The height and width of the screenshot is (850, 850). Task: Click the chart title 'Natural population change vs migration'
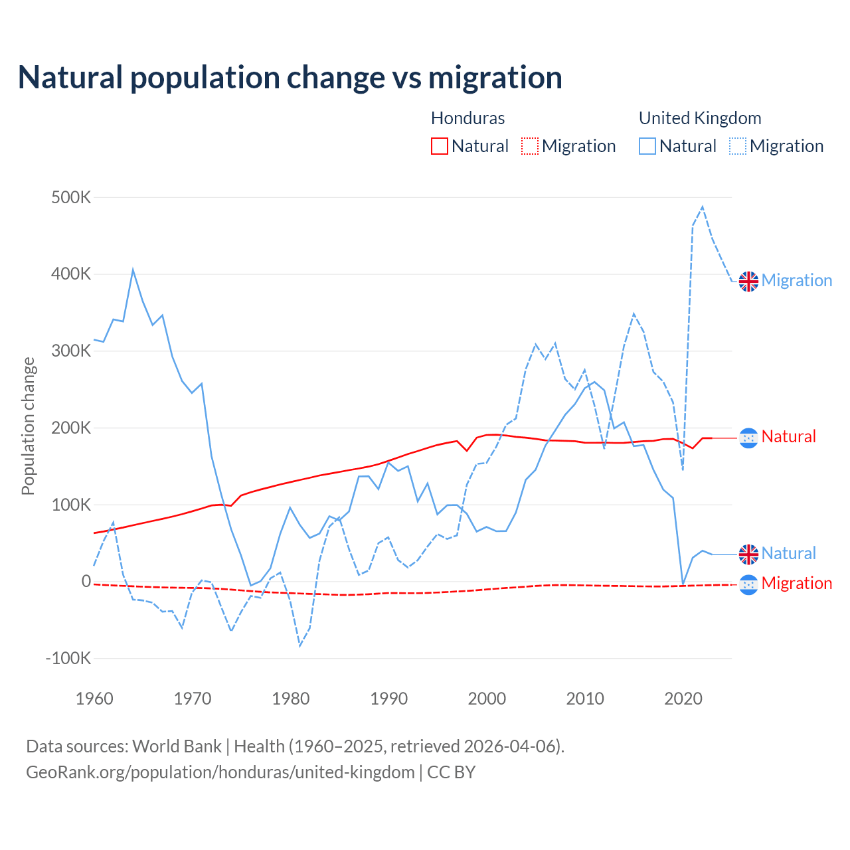(290, 78)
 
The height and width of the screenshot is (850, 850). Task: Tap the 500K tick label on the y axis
(71, 198)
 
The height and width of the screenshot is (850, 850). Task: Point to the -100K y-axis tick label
(68, 659)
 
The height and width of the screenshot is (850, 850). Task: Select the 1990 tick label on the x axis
(389, 699)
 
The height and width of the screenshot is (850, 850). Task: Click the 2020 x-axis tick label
(683, 699)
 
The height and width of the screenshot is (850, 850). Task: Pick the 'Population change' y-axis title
(28, 426)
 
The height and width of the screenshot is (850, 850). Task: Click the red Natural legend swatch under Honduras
(439, 146)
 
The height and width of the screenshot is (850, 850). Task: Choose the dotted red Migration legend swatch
(529, 146)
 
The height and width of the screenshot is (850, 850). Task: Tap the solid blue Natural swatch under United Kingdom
(647, 146)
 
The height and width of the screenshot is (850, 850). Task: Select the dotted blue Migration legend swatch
(737, 146)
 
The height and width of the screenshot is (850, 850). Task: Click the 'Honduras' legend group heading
(467, 118)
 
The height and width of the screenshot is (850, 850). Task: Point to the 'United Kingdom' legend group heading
(700, 118)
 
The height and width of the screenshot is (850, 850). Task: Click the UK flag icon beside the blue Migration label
(748, 281)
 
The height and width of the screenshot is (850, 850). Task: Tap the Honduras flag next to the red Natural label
(748, 438)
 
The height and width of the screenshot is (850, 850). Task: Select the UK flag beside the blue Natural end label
(748, 554)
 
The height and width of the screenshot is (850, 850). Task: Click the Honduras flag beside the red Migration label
(748, 584)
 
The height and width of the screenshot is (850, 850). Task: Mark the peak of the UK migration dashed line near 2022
(703, 207)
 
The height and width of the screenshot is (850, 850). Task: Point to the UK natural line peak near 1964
(133, 270)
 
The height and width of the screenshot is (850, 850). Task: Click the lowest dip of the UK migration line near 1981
(300, 645)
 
